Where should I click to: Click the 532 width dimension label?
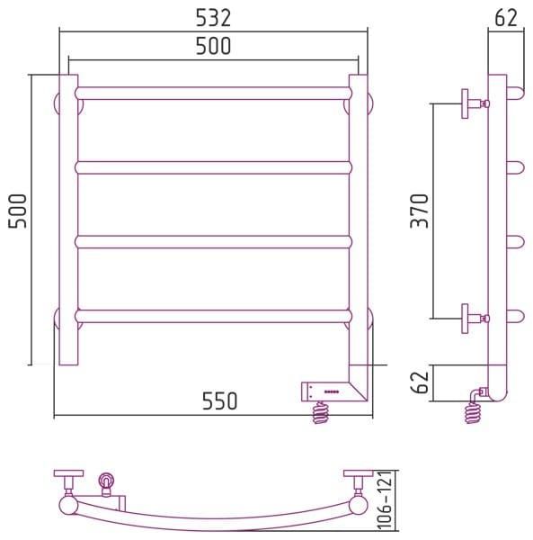coord(213,18)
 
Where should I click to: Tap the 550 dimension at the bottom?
coord(219,400)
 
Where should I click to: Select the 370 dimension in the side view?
coord(419,211)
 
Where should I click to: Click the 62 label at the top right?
coord(506,18)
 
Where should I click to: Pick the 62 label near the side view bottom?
coord(420,382)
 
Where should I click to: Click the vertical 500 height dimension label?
coord(17,211)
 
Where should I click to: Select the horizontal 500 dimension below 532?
coord(213,46)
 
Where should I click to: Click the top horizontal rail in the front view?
coord(213,94)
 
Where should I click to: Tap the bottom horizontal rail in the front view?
coord(213,316)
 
